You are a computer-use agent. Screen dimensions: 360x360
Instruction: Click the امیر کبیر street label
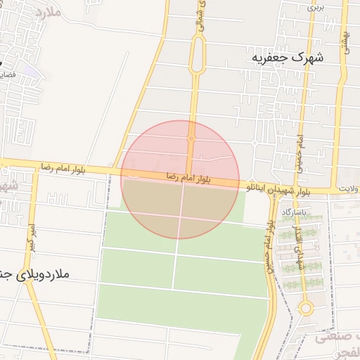[31, 238]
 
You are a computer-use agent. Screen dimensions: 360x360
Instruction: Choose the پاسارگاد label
[296, 211]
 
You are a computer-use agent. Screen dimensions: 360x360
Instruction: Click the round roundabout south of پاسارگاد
[305, 308]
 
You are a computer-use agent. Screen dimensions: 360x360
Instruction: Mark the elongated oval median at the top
[198, 55]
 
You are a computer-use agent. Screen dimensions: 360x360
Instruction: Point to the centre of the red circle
[180, 179]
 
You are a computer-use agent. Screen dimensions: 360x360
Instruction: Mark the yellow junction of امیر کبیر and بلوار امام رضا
[33, 169]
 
